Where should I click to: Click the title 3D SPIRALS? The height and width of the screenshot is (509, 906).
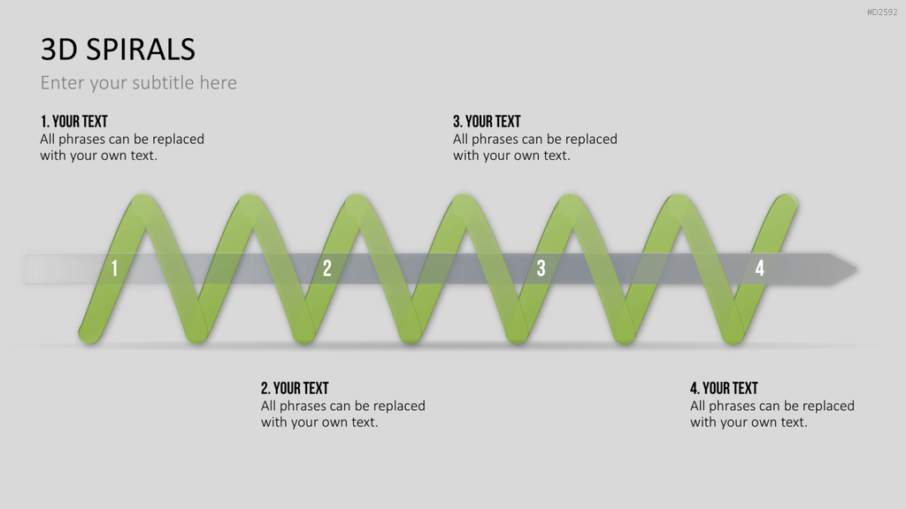coord(118,49)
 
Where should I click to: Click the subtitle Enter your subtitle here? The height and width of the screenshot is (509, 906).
coord(139,82)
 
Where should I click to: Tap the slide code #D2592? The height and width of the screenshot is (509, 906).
coord(882,12)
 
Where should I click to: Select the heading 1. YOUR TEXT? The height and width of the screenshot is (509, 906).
coord(74,122)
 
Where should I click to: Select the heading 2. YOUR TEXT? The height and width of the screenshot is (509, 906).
coord(295,389)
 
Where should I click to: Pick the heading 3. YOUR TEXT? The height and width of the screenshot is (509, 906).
coord(488,122)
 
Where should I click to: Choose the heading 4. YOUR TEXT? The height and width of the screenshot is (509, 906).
coord(724,389)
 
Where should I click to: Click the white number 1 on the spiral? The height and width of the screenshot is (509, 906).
coord(114,269)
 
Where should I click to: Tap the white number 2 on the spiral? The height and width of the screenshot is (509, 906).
coord(327,269)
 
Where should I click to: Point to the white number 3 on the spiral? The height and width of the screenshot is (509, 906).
coord(541,269)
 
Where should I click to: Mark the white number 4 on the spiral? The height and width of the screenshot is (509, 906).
coord(760,269)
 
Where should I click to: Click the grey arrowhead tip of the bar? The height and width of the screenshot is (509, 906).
coord(857,269)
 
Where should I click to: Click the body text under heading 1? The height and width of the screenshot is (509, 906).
coord(122,148)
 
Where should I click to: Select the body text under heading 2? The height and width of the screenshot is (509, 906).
coord(343,414)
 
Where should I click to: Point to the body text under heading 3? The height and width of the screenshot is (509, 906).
coord(535,148)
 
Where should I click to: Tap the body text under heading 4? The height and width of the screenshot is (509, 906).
coord(772,414)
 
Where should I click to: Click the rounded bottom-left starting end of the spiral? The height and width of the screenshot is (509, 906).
coord(89,334)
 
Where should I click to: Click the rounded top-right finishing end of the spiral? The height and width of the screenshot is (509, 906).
coord(787,204)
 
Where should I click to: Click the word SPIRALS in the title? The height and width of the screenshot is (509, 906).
coord(141,49)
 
